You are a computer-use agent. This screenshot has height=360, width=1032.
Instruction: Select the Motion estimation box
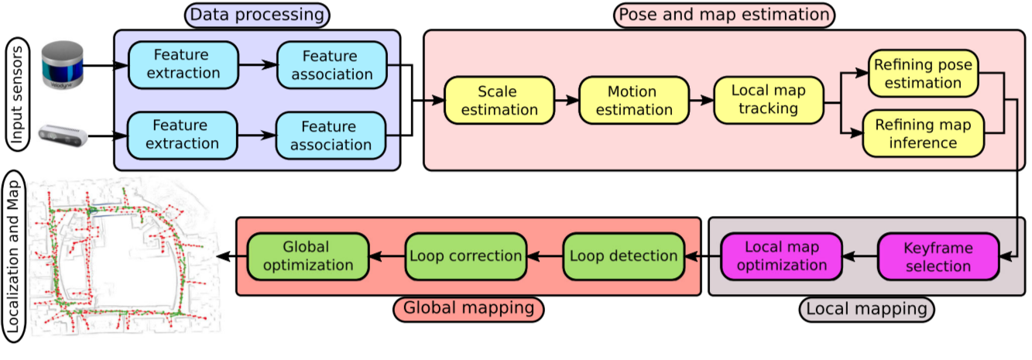(x=633, y=101)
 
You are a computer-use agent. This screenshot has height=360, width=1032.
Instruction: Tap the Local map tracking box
(x=768, y=101)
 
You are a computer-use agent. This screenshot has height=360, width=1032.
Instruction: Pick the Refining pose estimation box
(x=922, y=74)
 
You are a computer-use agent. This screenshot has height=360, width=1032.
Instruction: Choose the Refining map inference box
(x=922, y=132)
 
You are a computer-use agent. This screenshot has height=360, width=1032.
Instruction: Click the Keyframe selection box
(x=937, y=257)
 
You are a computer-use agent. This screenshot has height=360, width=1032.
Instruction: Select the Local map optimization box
(x=781, y=256)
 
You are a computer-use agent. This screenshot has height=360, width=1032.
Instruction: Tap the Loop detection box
(x=623, y=256)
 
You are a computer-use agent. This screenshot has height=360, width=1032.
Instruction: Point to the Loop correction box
(x=465, y=256)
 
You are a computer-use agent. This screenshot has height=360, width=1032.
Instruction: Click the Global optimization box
(x=307, y=256)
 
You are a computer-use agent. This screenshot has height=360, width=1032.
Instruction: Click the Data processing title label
(x=256, y=14)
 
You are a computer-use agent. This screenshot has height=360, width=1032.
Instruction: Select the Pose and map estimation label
(x=724, y=14)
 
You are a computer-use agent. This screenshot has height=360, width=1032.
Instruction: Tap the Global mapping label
(x=468, y=308)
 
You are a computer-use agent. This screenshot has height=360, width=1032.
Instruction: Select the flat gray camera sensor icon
(x=62, y=135)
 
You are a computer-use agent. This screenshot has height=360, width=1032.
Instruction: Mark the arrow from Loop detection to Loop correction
(x=545, y=256)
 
